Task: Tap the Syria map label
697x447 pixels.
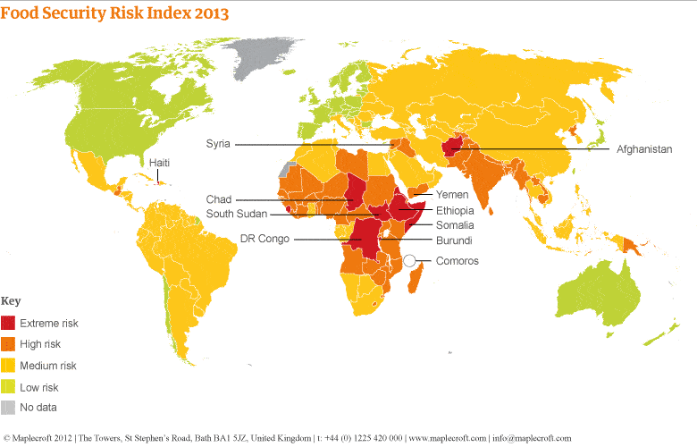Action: (x=218, y=143)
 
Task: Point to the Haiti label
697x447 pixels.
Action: (x=159, y=162)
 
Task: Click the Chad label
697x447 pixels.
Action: (x=219, y=199)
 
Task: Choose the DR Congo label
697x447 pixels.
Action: (x=265, y=239)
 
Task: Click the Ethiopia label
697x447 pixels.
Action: (x=454, y=211)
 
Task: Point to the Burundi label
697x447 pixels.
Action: (x=453, y=241)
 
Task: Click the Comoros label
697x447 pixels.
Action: (x=457, y=261)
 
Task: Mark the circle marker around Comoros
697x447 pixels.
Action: (x=411, y=260)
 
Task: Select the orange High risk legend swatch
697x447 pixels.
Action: (x=9, y=343)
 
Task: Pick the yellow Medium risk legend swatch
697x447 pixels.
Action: (x=9, y=366)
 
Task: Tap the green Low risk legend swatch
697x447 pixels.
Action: (x=9, y=387)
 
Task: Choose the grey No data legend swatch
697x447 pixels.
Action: (x=9, y=408)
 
